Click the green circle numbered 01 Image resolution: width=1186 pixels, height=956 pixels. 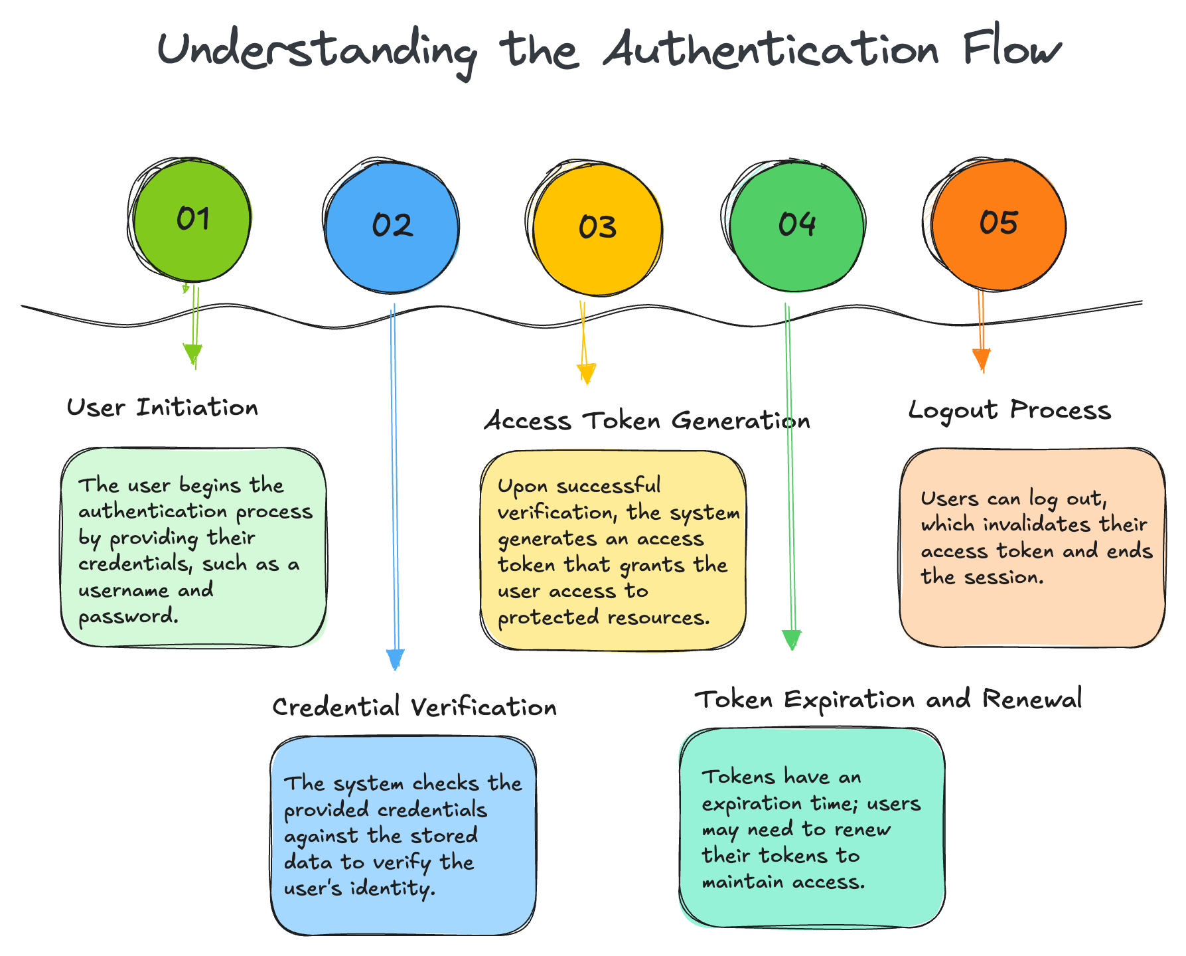192,220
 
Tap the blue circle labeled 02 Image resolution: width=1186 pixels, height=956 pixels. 392,226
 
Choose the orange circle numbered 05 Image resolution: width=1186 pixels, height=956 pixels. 998,224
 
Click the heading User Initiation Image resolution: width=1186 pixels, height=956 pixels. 163,408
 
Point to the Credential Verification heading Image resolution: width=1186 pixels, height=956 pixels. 414,707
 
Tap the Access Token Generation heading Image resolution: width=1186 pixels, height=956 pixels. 647,421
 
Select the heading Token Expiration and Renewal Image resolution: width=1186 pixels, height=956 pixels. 888,700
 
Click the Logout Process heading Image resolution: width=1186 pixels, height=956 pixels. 1009,410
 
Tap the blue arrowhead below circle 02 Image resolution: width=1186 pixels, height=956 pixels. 396,659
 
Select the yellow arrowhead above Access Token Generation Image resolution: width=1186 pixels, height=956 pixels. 587,373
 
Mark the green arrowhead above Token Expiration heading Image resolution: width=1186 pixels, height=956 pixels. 792,639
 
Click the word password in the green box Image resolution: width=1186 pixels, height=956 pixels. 128,617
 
